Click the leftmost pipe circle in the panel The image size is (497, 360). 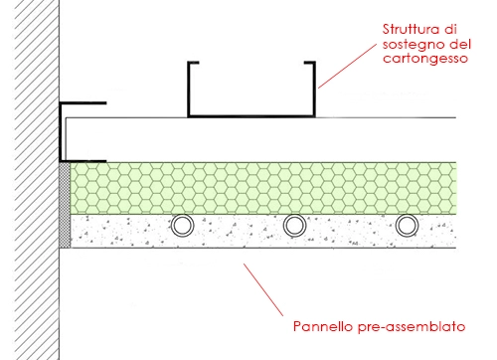click(182, 226)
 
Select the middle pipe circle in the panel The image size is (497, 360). click(294, 226)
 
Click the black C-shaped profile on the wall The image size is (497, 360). click(62, 131)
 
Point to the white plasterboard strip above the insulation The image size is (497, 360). click(258, 139)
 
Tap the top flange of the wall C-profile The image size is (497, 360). click(83, 102)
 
